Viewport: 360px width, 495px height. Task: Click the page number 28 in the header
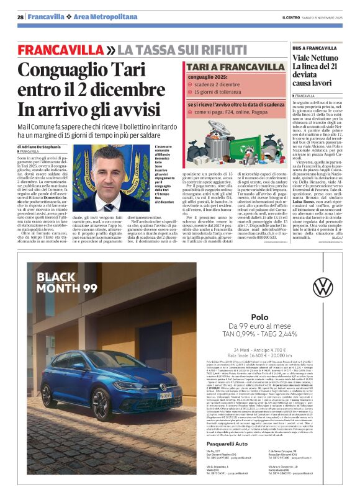tap(20, 17)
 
